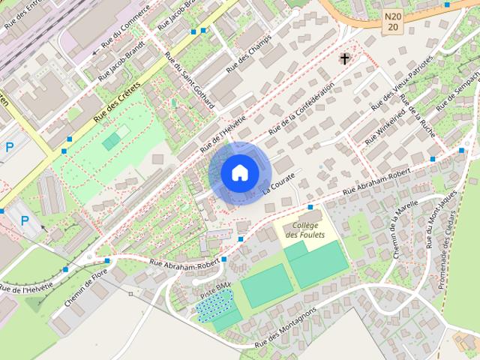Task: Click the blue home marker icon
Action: pyautogui.click(x=238, y=172)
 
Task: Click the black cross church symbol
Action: pyautogui.click(x=346, y=58)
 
